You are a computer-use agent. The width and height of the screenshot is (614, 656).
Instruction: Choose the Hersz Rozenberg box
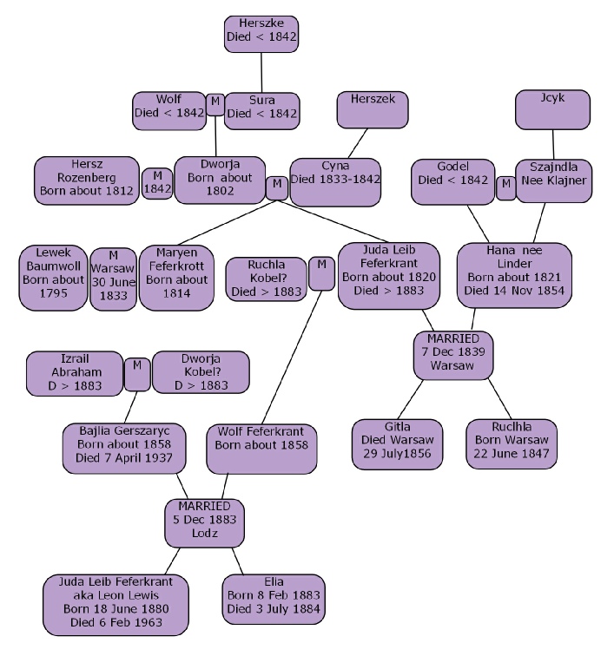(87, 180)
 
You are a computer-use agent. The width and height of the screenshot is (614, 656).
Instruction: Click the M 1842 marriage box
(157, 183)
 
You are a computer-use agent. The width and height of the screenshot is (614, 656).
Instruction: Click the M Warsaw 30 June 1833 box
(113, 279)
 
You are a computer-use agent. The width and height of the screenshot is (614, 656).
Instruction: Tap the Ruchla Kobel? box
(266, 279)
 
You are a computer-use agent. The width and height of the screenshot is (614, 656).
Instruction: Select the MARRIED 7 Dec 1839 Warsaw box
(453, 351)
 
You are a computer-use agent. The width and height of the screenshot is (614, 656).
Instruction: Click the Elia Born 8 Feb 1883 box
(274, 599)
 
